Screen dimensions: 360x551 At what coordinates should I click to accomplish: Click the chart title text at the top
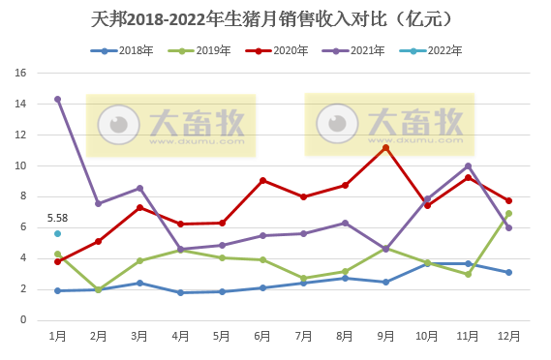tap(275, 18)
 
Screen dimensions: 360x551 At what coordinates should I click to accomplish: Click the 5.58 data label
tap(57, 219)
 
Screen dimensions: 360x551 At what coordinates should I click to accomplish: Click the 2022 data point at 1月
tap(57, 233)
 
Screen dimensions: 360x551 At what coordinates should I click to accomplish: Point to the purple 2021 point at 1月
tap(57, 99)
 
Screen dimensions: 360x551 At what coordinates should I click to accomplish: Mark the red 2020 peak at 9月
tap(385, 147)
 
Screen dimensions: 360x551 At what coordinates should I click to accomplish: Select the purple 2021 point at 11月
tap(468, 165)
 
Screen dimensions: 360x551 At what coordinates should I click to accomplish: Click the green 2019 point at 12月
tap(508, 214)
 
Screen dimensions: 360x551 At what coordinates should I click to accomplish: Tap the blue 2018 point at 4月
tap(180, 292)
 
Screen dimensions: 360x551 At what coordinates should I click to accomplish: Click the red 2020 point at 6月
tap(262, 180)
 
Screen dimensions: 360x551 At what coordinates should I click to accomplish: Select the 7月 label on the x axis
tap(303, 336)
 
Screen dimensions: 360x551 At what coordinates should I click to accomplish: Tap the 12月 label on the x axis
tap(508, 336)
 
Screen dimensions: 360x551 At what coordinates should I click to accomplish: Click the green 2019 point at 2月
tap(98, 289)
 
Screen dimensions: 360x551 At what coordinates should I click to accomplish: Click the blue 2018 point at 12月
tap(508, 272)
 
